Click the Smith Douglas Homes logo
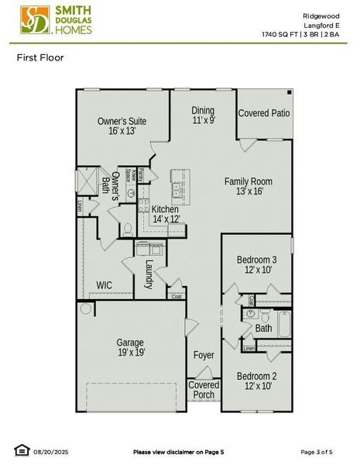(x=57, y=20)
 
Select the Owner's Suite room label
(x=122, y=126)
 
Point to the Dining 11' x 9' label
(x=203, y=115)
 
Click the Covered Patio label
(x=264, y=113)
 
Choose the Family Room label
(x=248, y=186)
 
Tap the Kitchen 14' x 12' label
(x=165, y=215)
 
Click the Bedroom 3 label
(x=256, y=265)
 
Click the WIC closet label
(x=104, y=285)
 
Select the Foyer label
(x=204, y=355)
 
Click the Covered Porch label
(x=204, y=390)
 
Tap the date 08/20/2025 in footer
(x=51, y=451)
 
